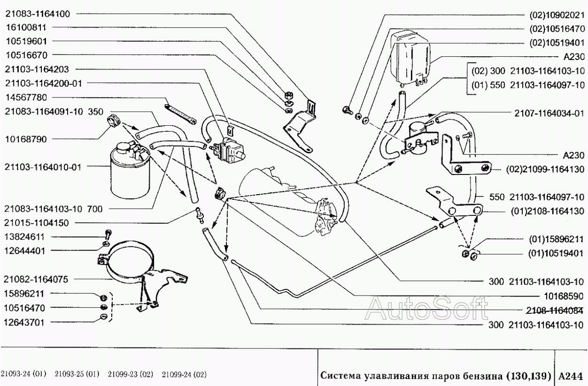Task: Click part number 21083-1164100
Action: [38, 14]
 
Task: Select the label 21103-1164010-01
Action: [43, 167]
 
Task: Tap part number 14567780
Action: [26, 98]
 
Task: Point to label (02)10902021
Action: [557, 15]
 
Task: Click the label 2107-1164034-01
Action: [549, 114]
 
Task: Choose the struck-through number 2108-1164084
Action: [554, 310]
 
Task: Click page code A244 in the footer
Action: [571, 376]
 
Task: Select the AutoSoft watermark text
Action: [426, 309]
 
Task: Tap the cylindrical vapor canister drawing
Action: [131, 170]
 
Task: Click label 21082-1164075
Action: [36, 280]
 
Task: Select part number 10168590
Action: [564, 296]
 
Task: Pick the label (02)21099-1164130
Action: [545, 169]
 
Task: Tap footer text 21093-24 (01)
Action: [23, 374]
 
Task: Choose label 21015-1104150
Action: [36, 223]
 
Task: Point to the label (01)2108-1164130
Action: [547, 212]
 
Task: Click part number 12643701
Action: [24, 323]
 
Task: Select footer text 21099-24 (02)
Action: [184, 374]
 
